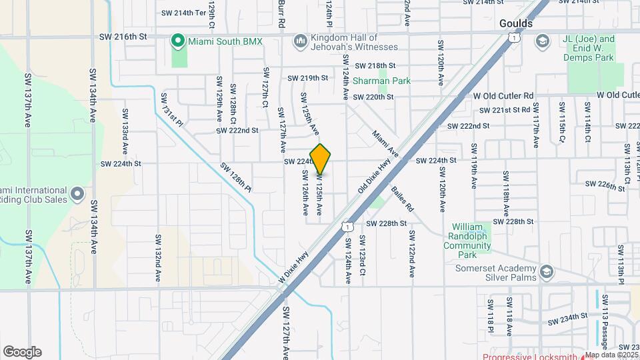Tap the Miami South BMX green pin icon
tap(177, 41)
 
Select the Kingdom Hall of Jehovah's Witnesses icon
tap(300, 41)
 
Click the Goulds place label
tap(516, 23)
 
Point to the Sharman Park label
tap(381, 81)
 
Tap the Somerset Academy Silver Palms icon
tap(547, 271)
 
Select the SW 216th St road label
tap(121, 37)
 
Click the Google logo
tap(22, 351)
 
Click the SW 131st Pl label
tap(171, 109)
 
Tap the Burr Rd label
tap(282, 13)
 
